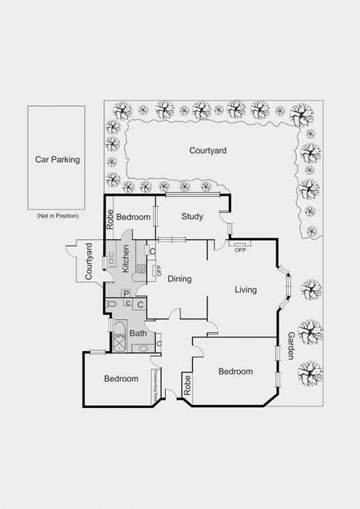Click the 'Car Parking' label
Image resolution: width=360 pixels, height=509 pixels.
click(57, 159)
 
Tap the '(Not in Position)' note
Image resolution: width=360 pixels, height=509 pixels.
click(57, 216)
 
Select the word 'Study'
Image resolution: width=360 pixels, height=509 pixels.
click(193, 217)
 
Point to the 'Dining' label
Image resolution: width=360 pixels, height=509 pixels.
click(180, 278)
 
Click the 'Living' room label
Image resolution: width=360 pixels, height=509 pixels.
click(246, 290)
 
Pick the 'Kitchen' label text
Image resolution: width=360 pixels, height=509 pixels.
click(126, 258)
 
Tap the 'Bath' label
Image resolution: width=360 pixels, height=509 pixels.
click(138, 334)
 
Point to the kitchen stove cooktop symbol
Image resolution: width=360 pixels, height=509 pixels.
click(140, 266)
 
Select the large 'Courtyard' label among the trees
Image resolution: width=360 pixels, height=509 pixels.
click(208, 151)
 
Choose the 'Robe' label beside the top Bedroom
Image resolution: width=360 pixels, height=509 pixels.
click(111, 219)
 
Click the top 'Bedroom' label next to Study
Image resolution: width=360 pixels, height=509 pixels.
click(133, 217)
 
